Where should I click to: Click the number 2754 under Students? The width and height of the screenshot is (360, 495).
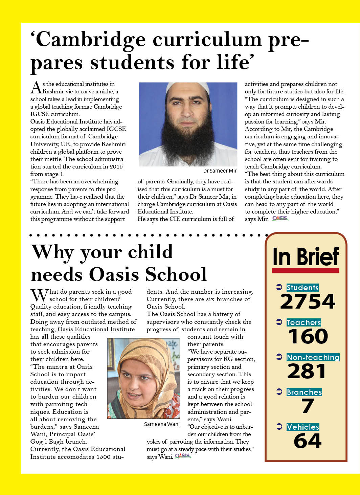pos(308,301)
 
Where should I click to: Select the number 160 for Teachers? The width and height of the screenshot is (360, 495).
pos(308,336)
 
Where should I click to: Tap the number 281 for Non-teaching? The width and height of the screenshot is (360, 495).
pos(307,371)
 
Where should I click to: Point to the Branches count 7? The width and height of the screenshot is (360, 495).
pos(308,406)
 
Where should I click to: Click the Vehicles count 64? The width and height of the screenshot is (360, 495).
pos(308,441)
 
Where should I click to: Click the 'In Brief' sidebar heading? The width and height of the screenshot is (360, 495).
pos(306,257)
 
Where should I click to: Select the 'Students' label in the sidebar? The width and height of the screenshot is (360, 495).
pos(302,288)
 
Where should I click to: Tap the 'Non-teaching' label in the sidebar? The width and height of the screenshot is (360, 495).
pos(313,357)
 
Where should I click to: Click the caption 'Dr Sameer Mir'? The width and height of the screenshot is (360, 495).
pos(220,171)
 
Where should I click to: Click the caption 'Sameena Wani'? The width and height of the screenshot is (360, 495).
pos(162,424)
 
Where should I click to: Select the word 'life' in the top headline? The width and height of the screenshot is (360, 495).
pos(233,63)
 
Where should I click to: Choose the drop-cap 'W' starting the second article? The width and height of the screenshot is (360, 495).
pos(39,295)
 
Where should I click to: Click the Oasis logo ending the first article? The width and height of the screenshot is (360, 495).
pos(280,219)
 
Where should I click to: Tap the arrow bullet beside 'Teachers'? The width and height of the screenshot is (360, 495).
pos(279,322)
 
